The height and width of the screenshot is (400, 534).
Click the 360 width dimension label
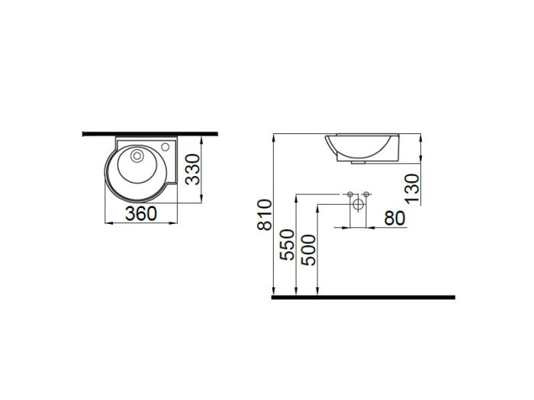pyautogui.click(x=141, y=213)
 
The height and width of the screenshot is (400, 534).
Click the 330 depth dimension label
pyautogui.click(x=193, y=169)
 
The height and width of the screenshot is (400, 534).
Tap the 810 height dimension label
pyautogui.click(x=265, y=215)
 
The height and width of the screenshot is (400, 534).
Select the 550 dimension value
pyautogui.click(x=287, y=245)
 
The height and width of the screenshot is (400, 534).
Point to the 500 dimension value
pyautogui.click(x=309, y=250)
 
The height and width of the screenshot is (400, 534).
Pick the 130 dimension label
pyautogui.click(x=412, y=188)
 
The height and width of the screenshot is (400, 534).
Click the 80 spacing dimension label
pyautogui.click(x=394, y=219)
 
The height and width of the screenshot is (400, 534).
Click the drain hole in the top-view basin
pyautogui.click(x=137, y=155)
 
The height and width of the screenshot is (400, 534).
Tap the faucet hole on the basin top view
pyautogui.click(x=166, y=147)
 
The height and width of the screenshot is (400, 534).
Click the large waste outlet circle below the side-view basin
pyautogui.click(x=358, y=204)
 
